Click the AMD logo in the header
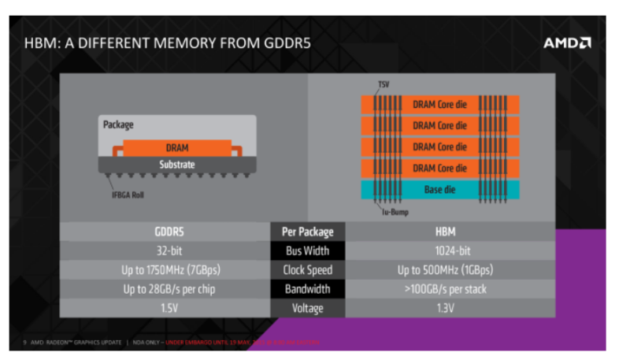(566, 43)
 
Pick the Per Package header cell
(307, 232)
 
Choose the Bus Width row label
(307, 251)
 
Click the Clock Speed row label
(307, 269)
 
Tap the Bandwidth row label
(307, 288)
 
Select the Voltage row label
(307, 307)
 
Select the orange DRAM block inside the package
(176, 147)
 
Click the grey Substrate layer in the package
(176, 165)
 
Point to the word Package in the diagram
(118, 124)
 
